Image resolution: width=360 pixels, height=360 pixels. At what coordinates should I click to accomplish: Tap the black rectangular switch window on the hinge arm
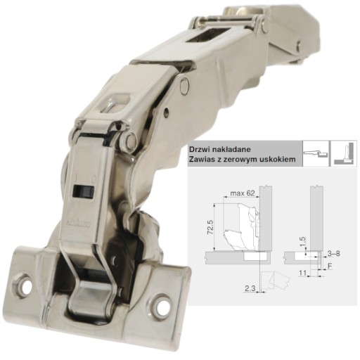(84, 191)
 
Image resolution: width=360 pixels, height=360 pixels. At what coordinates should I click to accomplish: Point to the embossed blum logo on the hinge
(78, 224)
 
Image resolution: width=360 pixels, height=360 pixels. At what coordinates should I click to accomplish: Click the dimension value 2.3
(250, 288)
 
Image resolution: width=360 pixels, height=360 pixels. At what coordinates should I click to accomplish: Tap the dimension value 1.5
(302, 241)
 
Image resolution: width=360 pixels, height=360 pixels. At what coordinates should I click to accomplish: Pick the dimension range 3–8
(334, 253)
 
